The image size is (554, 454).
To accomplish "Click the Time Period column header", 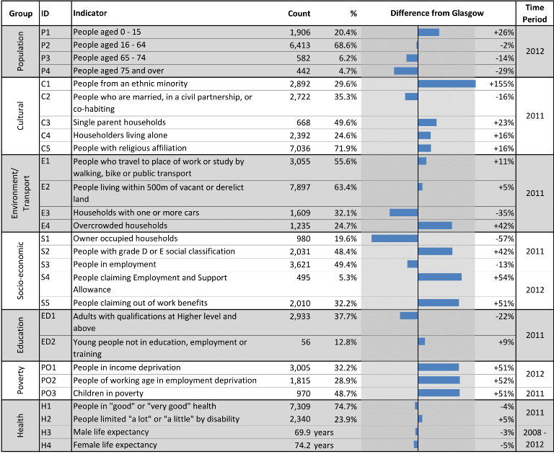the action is (x=535, y=13).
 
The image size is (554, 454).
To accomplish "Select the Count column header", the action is (x=299, y=14).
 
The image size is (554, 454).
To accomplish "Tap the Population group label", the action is (x=20, y=51).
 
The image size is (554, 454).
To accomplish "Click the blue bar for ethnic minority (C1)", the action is (x=447, y=84).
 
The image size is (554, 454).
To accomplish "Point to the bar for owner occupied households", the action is (x=395, y=239).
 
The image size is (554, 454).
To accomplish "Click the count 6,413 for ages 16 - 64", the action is (x=300, y=45).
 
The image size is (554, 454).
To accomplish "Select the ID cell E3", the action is (x=45, y=213).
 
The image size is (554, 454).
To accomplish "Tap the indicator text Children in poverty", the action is (x=108, y=393).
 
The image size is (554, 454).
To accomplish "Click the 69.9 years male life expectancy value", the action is (x=314, y=432).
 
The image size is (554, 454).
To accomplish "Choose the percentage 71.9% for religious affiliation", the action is (x=346, y=148).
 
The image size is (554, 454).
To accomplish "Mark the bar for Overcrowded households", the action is (x=435, y=226).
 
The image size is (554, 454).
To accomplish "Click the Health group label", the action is (x=20, y=426).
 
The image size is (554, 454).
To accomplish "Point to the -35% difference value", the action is (x=504, y=213).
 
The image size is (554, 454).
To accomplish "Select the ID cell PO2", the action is (x=48, y=380).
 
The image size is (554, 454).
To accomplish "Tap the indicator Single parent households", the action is (x=120, y=123).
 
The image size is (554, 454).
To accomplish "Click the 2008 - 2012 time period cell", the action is (x=535, y=438).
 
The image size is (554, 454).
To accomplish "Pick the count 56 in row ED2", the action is (x=306, y=342).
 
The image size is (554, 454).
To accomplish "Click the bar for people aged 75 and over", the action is (x=406, y=71).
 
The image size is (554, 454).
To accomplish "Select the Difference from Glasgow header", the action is (x=437, y=13).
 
